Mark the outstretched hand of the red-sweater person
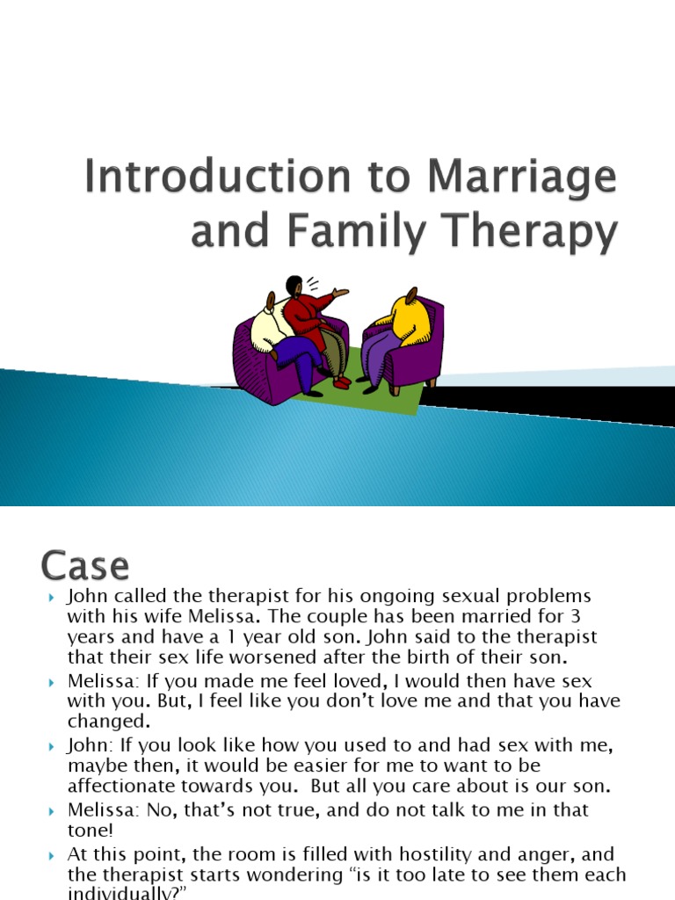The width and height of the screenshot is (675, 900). click(341, 292)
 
